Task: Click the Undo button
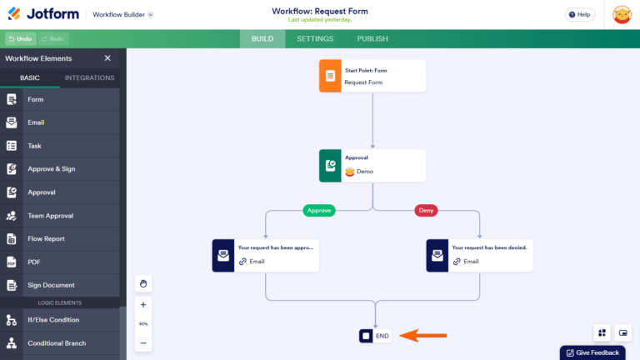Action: [x=19, y=39]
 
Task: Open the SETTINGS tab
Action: [x=315, y=39]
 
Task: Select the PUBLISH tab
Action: [x=372, y=39]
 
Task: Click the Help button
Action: [x=580, y=14]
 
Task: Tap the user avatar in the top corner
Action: [x=622, y=14]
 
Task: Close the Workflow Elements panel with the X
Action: [x=107, y=58]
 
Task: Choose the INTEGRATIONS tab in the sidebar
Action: [x=89, y=78]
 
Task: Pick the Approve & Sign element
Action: [x=51, y=169]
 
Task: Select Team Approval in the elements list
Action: [x=50, y=216]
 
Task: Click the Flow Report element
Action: [x=47, y=239]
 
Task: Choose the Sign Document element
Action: [x=51, y=285]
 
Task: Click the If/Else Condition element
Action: [x=53, y=320]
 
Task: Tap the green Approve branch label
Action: [x=318, y=210]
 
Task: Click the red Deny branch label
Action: [x=426, y=210]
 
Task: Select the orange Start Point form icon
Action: [x=330, y=76]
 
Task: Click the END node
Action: [x=375, y=336]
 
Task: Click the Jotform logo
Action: [x=45, y=14]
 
